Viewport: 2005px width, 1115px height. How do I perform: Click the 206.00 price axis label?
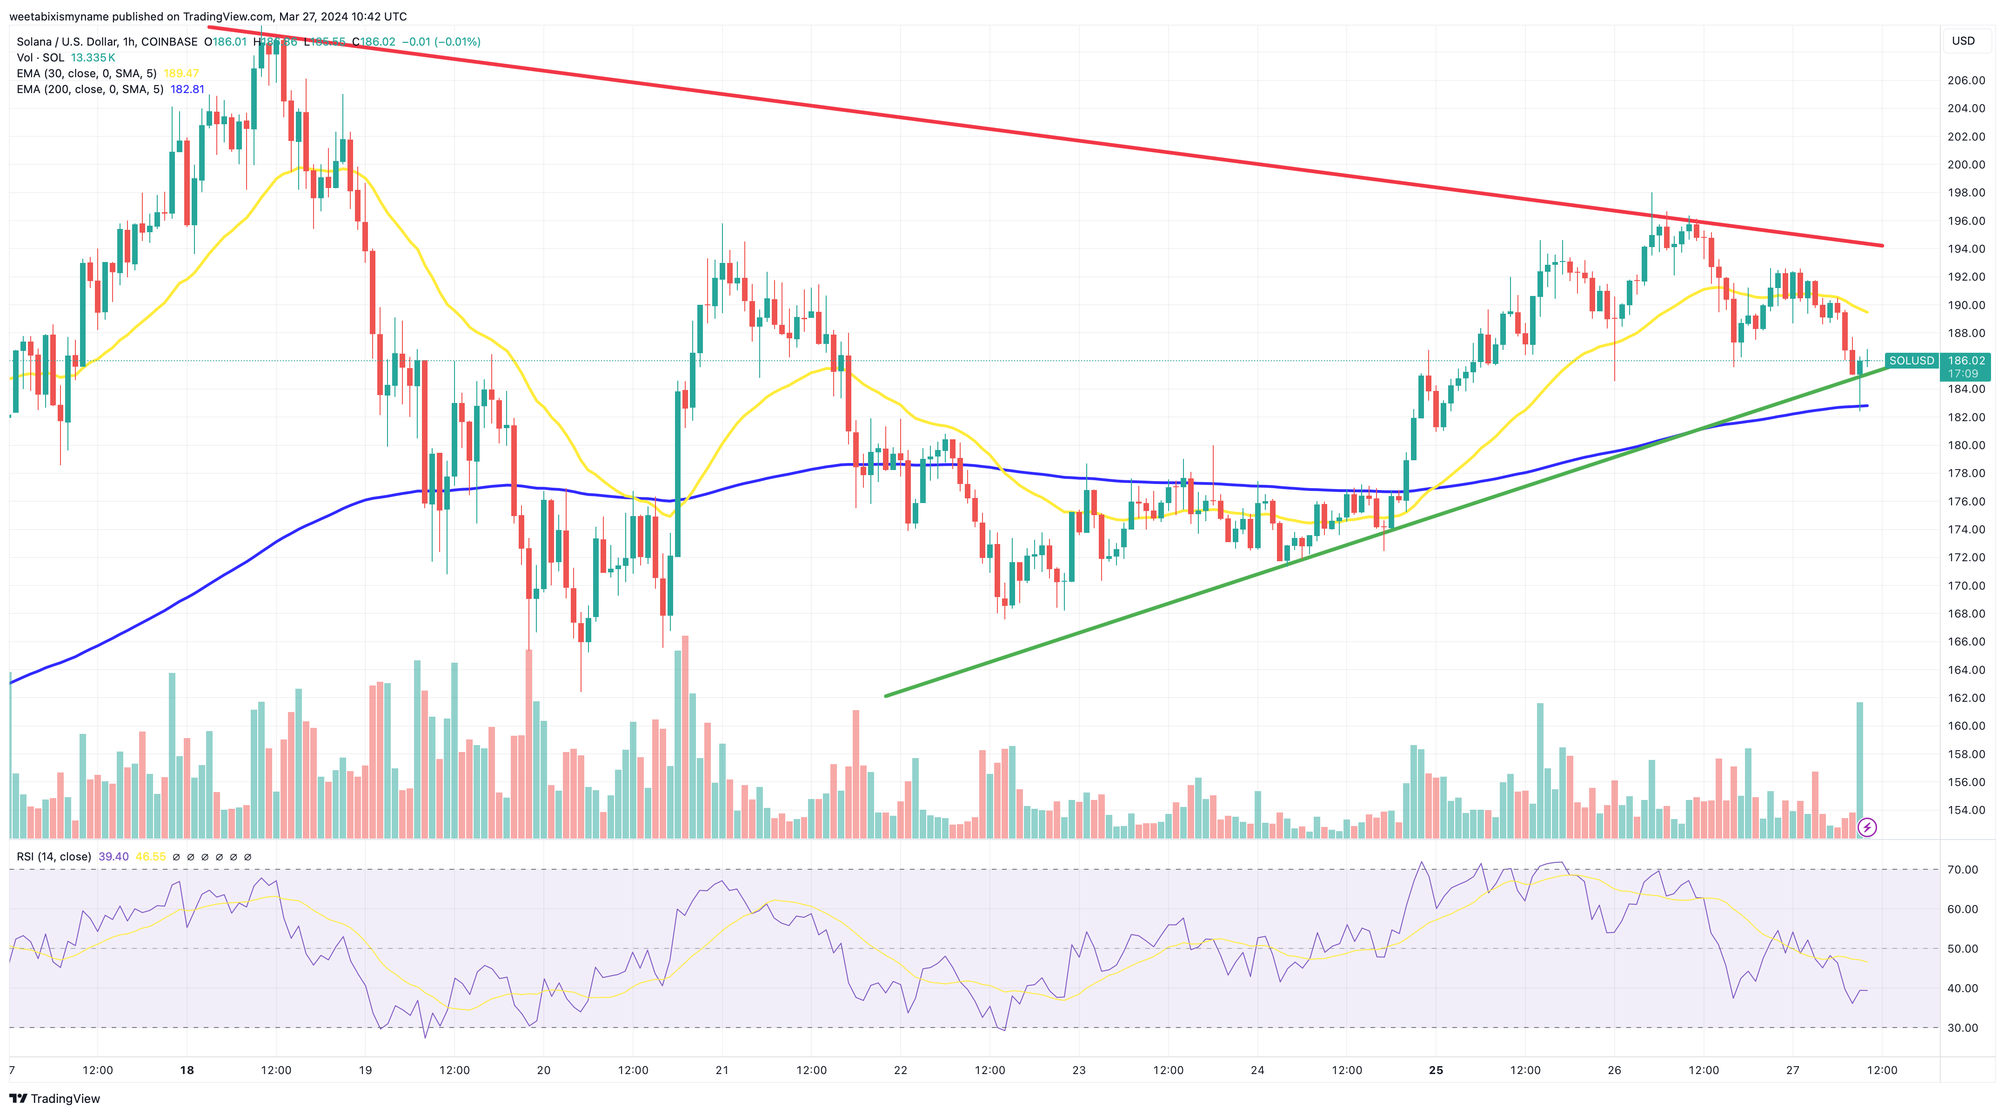coord(1965,80)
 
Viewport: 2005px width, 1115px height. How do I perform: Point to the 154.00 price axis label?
coord(1965,810)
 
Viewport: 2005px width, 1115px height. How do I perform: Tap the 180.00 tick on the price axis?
coord(1965,445)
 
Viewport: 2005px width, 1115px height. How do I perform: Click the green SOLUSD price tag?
coord(1911,361)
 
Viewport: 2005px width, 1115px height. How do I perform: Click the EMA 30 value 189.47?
coord(181,73)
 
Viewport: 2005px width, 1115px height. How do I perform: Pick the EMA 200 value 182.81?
coord(187,89)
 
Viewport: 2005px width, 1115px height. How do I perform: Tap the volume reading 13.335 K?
coord(93,58)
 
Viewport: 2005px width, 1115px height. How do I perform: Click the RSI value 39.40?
coord(114,857)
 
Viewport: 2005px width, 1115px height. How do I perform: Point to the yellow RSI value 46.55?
coord(150,857)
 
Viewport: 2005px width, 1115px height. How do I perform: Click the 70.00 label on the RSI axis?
coord(1962,870)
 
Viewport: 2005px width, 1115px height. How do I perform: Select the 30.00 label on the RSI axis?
coord(1962,1028)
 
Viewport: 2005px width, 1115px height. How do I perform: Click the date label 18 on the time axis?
coord(187,1070)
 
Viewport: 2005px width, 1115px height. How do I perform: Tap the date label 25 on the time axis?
coord(1436,1070)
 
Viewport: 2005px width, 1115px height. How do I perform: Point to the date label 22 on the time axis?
coord(901,1070)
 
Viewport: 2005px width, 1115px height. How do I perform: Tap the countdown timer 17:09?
coord(1962,374)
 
